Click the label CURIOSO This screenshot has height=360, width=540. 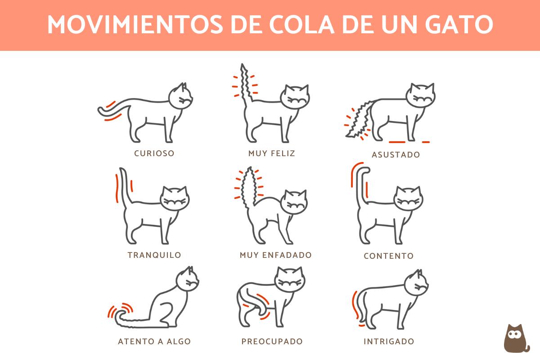pos(154,153)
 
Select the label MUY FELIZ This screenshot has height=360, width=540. pos(272,153)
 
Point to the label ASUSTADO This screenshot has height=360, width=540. pos(396,155)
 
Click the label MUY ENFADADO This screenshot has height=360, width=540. pos(275,255)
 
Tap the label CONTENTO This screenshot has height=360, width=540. pos(388,256)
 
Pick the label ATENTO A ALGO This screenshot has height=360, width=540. pos(154,342)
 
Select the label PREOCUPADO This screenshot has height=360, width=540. pos(272,342)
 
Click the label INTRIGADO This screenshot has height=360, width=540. pos(388,342)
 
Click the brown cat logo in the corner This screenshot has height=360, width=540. pos(516,338)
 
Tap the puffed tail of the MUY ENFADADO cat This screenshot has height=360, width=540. pos(249,187)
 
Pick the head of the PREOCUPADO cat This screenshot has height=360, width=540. pos(289,281)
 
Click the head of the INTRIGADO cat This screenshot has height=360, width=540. pos(416,283)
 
